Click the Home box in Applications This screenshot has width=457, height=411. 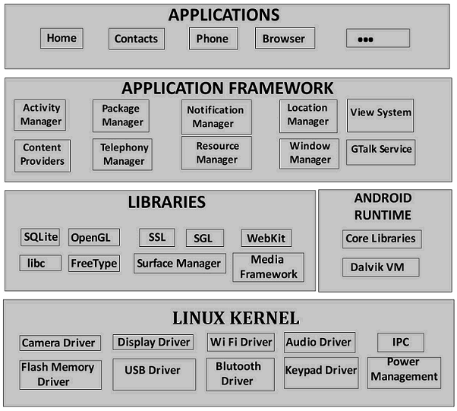pos(61,38)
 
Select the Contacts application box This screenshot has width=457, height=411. pos(137,39)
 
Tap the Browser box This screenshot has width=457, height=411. pos(284,39)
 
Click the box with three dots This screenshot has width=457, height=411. pos(377,39)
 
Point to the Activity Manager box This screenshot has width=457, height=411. pos(41,115)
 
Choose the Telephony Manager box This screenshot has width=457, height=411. pos(124,154)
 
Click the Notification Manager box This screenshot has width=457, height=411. pos(216,116)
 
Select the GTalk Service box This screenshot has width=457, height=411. pos(380,149)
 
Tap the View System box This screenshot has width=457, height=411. pos(380,113)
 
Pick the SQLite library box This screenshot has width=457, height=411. pos(40,237)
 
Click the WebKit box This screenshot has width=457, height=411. pos(266,238)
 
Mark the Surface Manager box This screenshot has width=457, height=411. pos(179,264)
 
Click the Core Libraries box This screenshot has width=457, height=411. pos(380,239)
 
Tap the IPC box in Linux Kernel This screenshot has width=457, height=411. pos(400,342)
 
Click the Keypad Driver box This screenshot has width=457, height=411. pos(320,371)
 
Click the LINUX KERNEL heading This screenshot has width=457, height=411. pos(235,318)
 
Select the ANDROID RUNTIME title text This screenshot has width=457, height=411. pos(383,207)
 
